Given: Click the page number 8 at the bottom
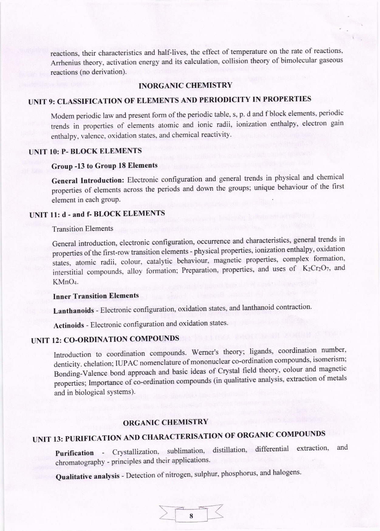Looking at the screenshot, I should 191,516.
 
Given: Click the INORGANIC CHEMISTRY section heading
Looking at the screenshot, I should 185,86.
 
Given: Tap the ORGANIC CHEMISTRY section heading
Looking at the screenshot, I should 166,422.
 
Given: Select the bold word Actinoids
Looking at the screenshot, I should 69,325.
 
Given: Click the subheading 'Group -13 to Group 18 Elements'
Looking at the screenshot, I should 104,166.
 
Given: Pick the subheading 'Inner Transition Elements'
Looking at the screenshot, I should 96,296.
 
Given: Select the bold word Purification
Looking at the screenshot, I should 74,453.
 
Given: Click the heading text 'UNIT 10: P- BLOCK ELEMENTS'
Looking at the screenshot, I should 86,151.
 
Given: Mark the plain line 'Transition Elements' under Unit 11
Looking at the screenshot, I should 83,229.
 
